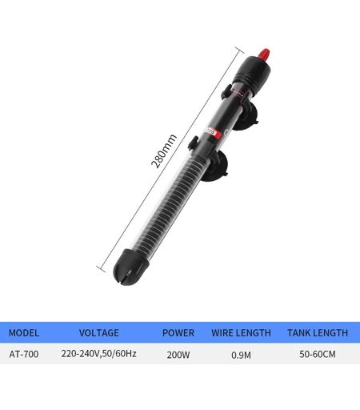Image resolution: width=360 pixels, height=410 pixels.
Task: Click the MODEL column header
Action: (x=24, y=333)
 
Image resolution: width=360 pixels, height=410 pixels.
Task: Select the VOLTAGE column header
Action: (x=99, y=333)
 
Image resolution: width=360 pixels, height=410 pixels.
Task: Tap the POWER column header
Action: (x=178, y=333)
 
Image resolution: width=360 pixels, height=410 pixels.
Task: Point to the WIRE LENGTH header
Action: (x=241, y=333)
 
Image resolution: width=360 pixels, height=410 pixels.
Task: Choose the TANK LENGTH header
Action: (x=318, y=333)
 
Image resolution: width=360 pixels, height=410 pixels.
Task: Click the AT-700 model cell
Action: (x=24, y=354)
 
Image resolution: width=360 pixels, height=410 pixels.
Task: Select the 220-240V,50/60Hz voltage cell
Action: (x=99, y=354)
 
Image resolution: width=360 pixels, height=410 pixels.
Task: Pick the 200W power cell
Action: (x=178, y=355)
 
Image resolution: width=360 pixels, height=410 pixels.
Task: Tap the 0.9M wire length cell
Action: (x=241, y=355)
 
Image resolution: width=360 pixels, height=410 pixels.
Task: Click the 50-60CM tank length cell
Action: (x=318, y=354)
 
